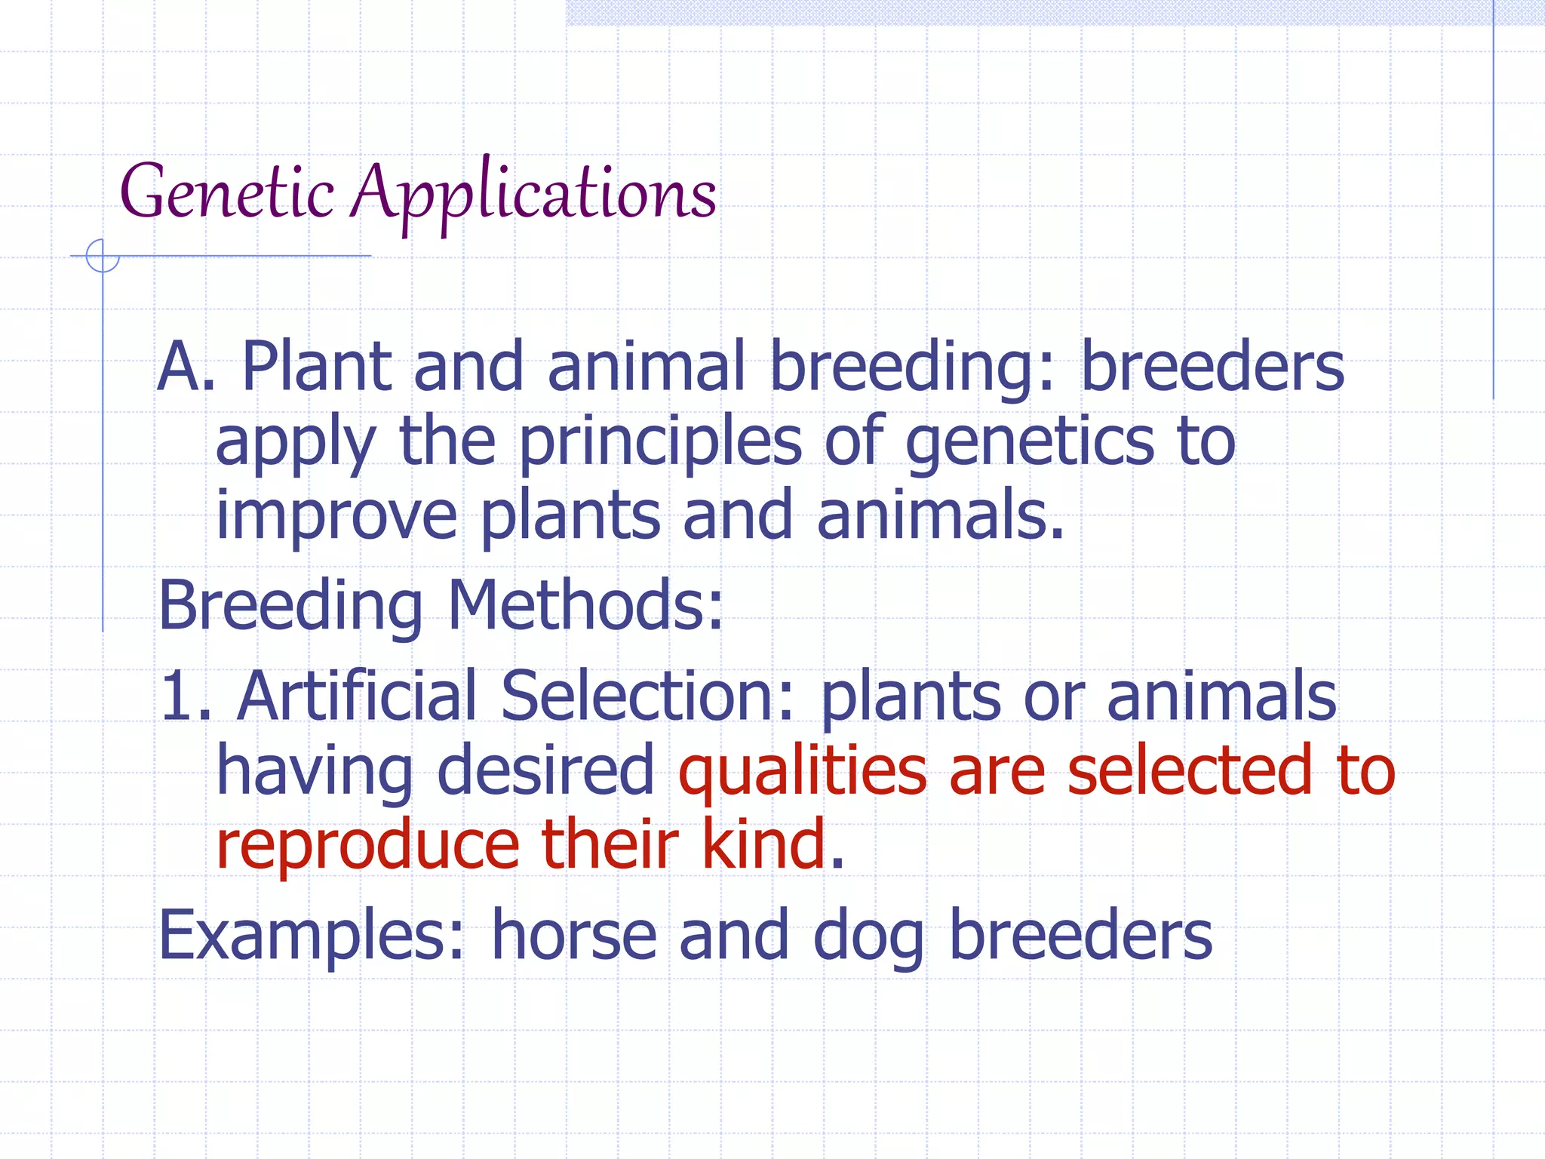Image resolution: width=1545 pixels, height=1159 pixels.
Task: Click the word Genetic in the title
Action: coord(227,192)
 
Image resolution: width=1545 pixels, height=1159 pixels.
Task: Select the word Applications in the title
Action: coord(535,195)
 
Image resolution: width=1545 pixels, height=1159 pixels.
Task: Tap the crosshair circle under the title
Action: coord(103,256)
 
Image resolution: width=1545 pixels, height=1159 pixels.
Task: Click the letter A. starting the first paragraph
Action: coord(186,367)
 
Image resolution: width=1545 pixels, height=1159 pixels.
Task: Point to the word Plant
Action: coord(317,367)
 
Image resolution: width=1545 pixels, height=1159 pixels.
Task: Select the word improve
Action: coord(336,518)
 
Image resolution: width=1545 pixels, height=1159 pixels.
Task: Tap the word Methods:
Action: coord(585,606)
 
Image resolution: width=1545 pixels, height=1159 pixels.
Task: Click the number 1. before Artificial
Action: coord(185,696)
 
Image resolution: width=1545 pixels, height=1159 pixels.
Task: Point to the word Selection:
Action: coord(648,696)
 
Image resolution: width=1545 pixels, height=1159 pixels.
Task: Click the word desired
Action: coord(545,771)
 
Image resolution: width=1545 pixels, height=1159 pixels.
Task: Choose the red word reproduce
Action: coord(367,845)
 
